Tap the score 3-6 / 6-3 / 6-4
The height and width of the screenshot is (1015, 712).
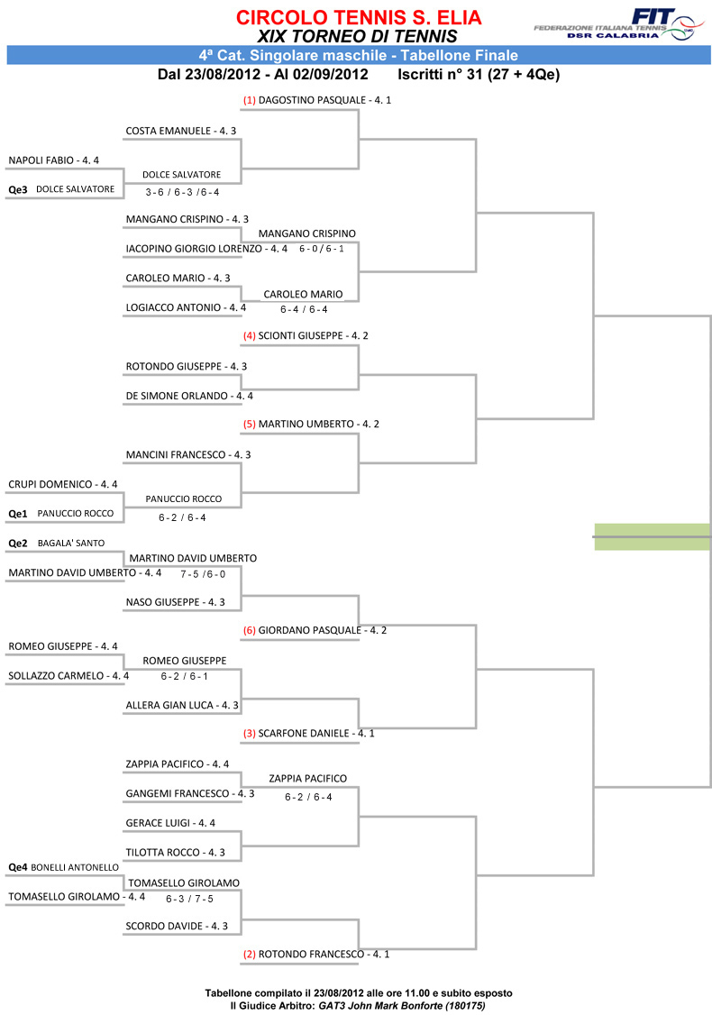(x=182, y=192)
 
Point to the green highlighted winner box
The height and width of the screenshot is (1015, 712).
(x=653, y=536)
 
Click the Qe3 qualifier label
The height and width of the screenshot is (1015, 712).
(x=18, y=189)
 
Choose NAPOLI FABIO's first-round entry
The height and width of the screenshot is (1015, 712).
(x=54, y=160)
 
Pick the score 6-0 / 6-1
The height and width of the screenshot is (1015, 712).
(x=322, y=249)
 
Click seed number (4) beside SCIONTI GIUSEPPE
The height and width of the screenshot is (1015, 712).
(x=249, y=336)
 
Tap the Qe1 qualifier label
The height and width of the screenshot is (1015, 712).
(x=18, y=514)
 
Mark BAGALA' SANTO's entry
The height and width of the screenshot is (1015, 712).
(x=71, y=543)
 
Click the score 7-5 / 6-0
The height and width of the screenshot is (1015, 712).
(x=204, y=574)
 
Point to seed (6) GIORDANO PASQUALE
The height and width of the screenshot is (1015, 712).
(x=315, y=630)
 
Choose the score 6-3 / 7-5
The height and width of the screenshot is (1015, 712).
(x=189, y=899)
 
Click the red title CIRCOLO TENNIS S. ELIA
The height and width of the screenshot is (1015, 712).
(x=359, y=17)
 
